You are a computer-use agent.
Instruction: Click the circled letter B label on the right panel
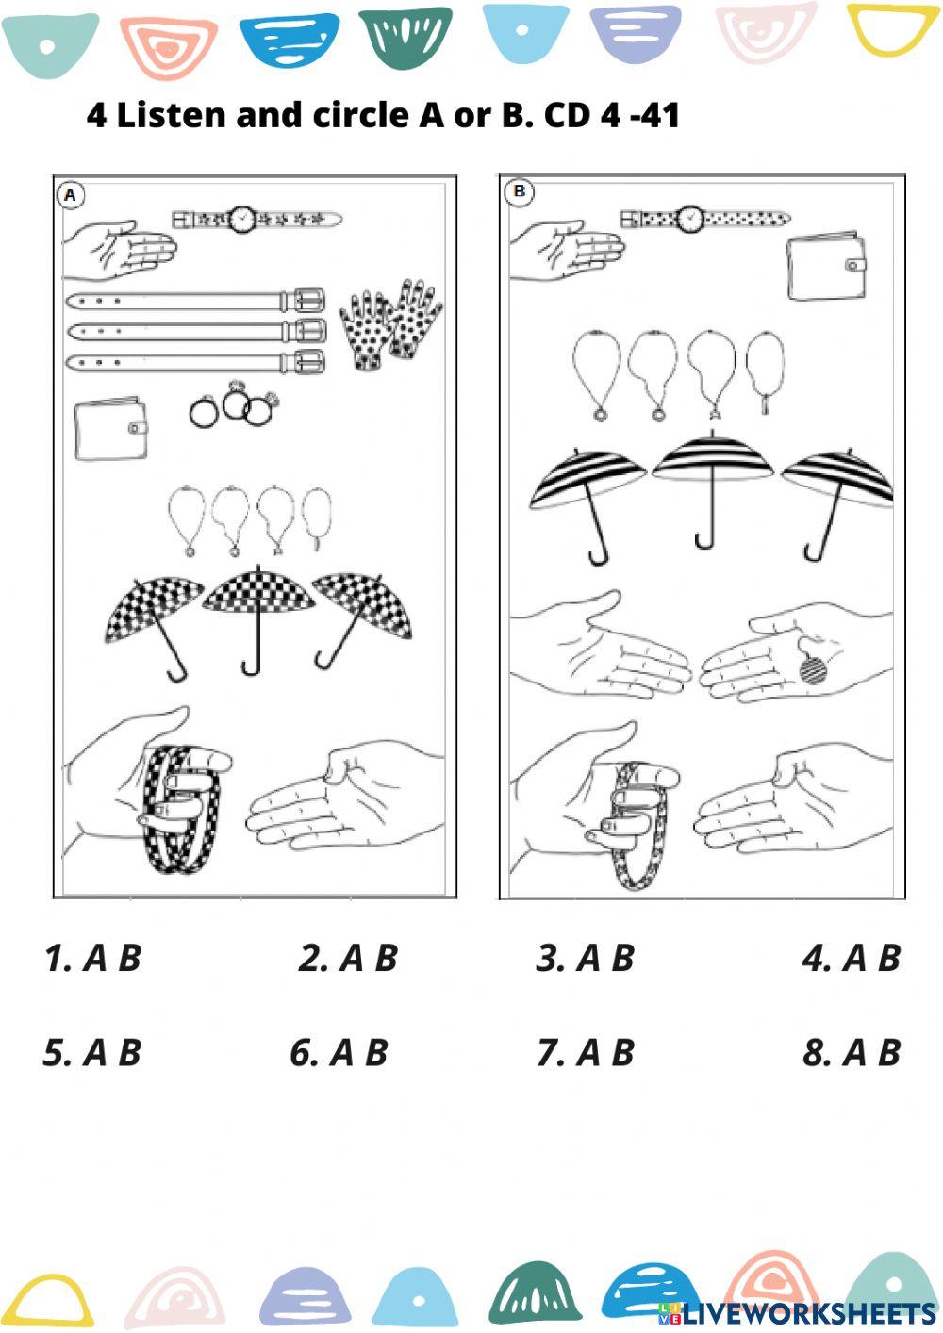(x=519, y=192)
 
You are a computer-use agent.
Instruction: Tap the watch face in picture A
(x=243, y=219)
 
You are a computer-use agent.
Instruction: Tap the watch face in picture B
(x=690, y=219)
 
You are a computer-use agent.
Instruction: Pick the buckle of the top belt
(x=306, y=301)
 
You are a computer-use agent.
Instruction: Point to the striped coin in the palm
(x=813, y=670)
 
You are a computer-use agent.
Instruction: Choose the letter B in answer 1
(x=129, y=959)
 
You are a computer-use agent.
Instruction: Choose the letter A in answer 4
(x=854, y=959)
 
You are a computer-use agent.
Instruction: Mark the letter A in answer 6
(x=341, y=1053)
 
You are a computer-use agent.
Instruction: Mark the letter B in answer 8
(x=888, y=1053)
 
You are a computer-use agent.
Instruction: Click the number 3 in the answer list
(x=549, y=959)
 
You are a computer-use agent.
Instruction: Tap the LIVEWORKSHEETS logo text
(x=807, y=1313)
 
